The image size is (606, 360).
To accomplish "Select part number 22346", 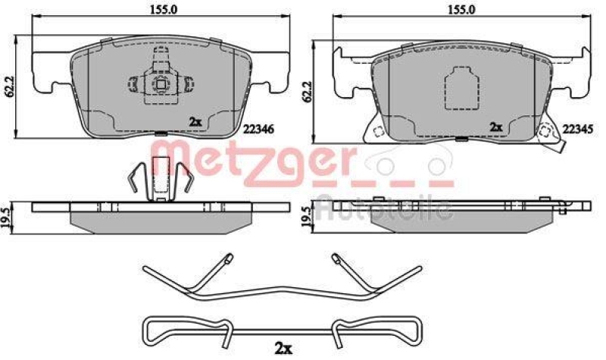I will [x=258, y=129].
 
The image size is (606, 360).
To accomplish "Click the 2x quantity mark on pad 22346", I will [x=195, y=121].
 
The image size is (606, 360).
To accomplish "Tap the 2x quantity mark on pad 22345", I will [x=497, y=127].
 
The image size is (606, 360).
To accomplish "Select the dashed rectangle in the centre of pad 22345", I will [x=461, y=89].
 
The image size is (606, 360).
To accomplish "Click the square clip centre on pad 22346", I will [x=161, y=85].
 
